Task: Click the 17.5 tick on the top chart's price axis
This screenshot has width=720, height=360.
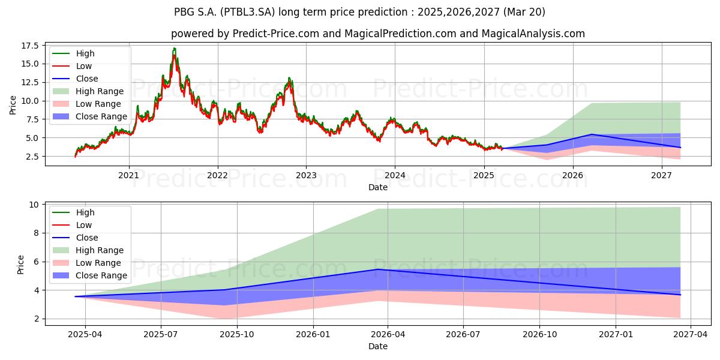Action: point(30,46)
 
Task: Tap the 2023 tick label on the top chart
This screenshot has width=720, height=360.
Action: point(306,175)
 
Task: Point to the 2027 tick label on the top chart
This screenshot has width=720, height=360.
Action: point(661,175)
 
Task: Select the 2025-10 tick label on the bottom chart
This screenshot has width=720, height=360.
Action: point(237,335)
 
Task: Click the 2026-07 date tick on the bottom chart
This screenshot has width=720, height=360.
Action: point(463,335)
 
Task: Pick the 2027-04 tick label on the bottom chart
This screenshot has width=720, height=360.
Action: point(691,335)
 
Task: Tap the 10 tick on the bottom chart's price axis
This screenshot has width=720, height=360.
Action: point(34,205)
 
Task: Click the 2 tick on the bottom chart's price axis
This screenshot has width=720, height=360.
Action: point(36,319)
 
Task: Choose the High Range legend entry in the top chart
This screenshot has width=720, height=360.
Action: point(88,91)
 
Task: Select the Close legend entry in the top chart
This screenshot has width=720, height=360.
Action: point(75,79)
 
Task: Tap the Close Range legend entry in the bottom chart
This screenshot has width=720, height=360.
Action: point(89,275)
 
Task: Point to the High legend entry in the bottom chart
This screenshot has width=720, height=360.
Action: point(73,212)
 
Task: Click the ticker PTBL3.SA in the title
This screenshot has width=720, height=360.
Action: point(247,12)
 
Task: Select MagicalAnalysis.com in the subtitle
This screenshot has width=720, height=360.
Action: point(533,34)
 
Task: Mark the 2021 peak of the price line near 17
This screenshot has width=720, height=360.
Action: point(174,48)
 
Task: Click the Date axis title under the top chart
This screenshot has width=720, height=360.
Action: point(377,187)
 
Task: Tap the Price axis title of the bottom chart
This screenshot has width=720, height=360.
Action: point(20,265)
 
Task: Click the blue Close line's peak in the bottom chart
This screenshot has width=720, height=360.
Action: point(377,269)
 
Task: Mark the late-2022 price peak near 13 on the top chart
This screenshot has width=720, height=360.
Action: point(289,78)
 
